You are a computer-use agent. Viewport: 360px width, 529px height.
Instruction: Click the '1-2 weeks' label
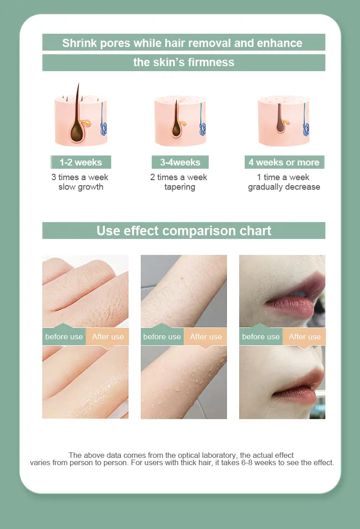point(81,162)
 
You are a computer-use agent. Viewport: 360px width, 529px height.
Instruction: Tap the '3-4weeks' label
point(180,162)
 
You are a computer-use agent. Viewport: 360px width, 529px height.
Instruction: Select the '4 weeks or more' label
point(284,162)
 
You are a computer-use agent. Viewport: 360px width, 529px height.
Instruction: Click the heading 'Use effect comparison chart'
point(184,231)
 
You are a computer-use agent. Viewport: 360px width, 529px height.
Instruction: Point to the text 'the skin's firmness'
point(184,62)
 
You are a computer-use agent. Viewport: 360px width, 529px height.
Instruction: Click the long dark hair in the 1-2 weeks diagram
point(77,100)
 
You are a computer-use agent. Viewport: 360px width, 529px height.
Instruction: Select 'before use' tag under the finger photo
point(64,337)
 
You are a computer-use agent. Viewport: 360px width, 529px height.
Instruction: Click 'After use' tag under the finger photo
point(108,337)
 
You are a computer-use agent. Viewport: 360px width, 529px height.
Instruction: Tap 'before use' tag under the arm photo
point(162,337)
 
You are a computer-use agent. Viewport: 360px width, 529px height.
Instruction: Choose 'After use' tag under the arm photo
point(206,337)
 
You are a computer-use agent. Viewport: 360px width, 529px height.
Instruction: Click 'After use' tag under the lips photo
point(304,337)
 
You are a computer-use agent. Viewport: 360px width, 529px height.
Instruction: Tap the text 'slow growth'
point(81,187)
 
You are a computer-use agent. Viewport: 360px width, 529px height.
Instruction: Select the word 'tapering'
point(180,187)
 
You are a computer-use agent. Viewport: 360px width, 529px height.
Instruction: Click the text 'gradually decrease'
point(284,187)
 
